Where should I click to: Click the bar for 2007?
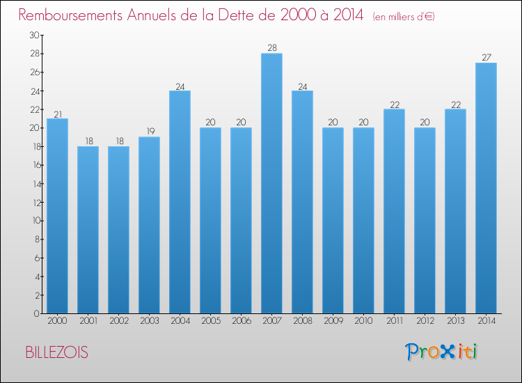tap(271, 184)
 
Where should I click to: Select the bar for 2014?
tap(486, 188)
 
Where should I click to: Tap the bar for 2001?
tap(88, 230)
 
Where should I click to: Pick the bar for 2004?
tap(180, 202)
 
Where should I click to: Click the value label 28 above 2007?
tap(271, 48)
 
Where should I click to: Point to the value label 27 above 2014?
tap(486, 57)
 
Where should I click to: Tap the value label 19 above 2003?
tap(149, 131)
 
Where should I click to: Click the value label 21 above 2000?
tap(57, 113)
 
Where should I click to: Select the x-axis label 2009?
tap(333, 320)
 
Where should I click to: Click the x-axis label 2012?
tap(425, 320)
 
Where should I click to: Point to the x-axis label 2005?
tap(210, 320)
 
